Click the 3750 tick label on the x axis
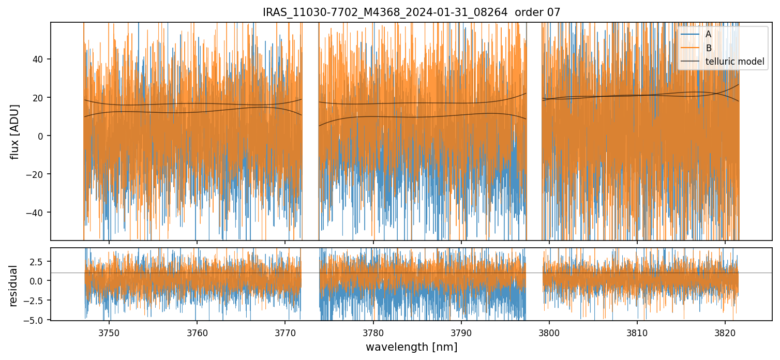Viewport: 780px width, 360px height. [x=109, y=332]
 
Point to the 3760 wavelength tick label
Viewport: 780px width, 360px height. [x=197, y=332]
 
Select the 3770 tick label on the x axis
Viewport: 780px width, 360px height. [x=285, y=332]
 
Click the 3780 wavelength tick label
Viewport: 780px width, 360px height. [x=373, y=332]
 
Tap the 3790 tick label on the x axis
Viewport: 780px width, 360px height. [x=461, y=332]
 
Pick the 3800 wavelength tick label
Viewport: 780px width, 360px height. [x=549, y=332]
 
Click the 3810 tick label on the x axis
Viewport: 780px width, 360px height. [x=637, y=332]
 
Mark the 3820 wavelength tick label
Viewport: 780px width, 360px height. [x=725, y=332]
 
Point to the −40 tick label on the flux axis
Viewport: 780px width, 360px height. [x=36, y=213]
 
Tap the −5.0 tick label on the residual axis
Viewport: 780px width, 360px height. [x=36, y=320]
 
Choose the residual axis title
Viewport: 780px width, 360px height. [x=13, y=286]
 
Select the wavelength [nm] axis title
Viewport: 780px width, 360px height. [x=411, y=347]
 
